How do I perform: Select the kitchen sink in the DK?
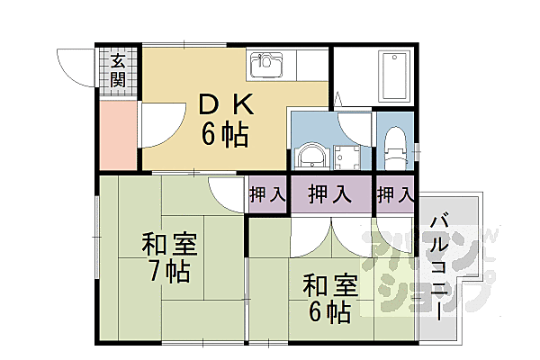tap(268, 64)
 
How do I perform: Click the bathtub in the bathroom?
tap(397, 76)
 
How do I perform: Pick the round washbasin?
tap(311, 154)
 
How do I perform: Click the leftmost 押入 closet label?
tap(267, 193)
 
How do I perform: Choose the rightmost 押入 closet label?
tap(395, 193)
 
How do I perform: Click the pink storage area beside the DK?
tap(118, 135)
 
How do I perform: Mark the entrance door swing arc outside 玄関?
tap(77, 65)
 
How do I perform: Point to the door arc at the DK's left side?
tap(155, 126)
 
